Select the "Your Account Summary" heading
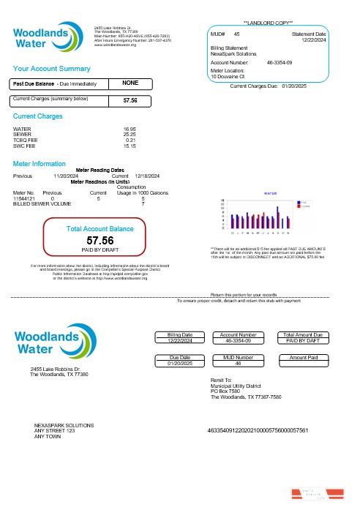pyautogui.click(x=50, y=68)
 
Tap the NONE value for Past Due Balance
pyautogui.click(x=130, y=83)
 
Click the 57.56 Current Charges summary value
pyautogui.click(x=130, y=100)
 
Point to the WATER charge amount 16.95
pyautogui.click(x=130, y=128)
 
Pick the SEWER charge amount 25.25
pyautogui.click(x=130, y=134)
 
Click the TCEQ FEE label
pyautogui.click(x=25, y=140)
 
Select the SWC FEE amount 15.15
pyautogui.click(x=130, y=146)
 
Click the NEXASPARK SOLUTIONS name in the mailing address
pyautogui.click(x=64, y=425)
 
